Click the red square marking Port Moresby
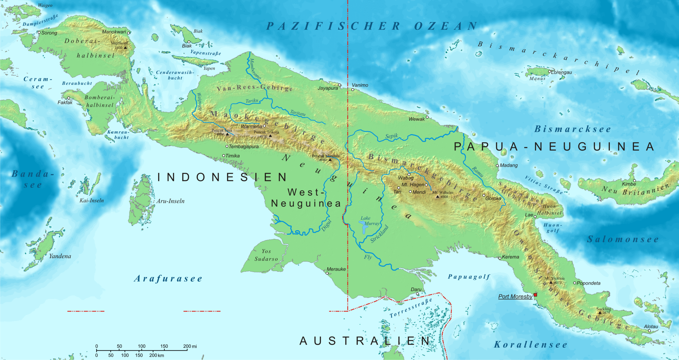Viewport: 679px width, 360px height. point(535,295)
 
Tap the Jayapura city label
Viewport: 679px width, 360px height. point(328,88)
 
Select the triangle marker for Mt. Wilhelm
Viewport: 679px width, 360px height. point(438,197)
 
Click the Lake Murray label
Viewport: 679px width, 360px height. point(370,221)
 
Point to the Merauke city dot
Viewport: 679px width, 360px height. point(327,273)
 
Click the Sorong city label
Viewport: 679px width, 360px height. point(49,33)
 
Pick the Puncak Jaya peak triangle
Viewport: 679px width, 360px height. point(227,134)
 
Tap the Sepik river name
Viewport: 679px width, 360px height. point(391,136)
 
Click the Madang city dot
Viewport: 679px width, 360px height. point(497,166)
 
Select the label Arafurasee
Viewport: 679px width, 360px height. point(168,279)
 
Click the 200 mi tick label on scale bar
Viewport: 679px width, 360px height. point(190,346)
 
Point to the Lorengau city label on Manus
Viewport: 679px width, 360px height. point(562,72)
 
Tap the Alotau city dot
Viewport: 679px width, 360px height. point(649,331)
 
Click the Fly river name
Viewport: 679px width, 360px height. point(368,257)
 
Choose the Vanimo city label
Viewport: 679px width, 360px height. point(360,85)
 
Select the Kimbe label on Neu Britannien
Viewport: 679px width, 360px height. point(629,184)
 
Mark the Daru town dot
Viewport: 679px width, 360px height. point(418,294)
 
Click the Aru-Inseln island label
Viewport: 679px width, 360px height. point(170,201)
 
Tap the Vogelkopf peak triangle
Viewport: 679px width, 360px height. point(125,48)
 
